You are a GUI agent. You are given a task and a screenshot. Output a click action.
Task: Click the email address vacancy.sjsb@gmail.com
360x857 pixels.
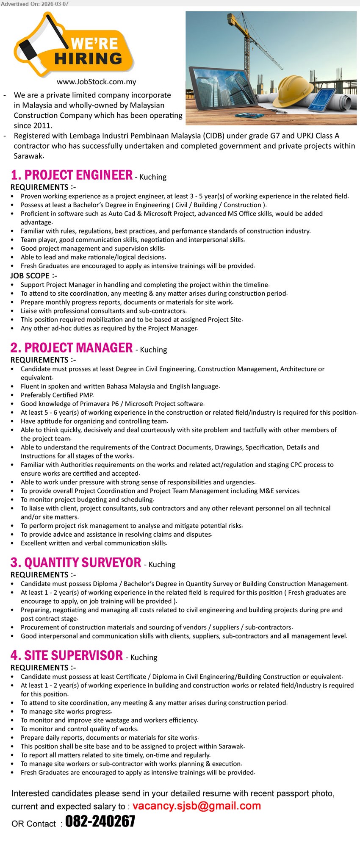(x=197, y=806)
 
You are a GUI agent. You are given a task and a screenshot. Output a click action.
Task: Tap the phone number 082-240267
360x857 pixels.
(x=100, y=821)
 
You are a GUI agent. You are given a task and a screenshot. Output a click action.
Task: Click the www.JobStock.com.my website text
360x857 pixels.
(x=97, y=82)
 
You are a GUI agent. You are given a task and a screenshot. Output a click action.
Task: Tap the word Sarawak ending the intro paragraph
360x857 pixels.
(x=28, y=156)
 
